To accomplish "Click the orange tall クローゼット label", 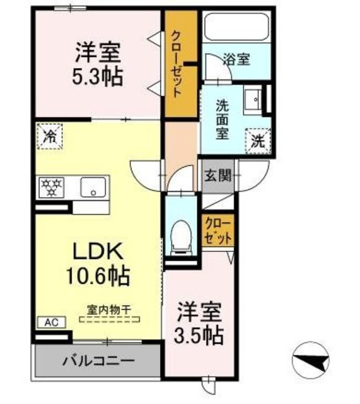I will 176,63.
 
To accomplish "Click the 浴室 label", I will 236,60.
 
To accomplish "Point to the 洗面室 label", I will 222,119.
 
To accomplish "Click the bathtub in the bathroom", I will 236,27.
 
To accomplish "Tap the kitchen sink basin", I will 93,187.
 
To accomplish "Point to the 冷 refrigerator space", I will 50,136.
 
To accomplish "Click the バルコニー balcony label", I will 98,362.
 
